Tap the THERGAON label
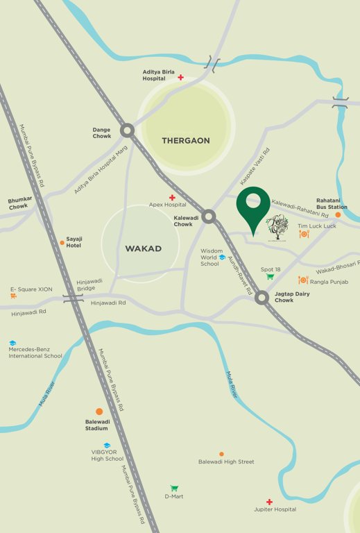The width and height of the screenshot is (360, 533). coord(185,140)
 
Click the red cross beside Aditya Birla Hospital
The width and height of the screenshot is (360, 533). coord(181,77)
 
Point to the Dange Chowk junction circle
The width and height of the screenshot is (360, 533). coord(127,130)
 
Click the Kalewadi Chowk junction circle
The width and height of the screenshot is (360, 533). coord(209,217)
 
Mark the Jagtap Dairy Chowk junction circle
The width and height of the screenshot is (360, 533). coord(262,298)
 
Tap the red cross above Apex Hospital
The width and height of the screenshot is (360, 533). coord(172,198)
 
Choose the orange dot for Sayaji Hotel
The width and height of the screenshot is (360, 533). coord(61,242)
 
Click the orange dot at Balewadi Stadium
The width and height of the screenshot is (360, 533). coord(99,412)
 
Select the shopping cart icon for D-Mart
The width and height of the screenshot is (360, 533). coord(174,488)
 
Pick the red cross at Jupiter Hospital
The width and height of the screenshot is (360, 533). coord(269,502)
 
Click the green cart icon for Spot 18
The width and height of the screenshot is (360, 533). coord(271,277)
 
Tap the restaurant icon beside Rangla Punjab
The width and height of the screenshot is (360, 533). coord(302,280)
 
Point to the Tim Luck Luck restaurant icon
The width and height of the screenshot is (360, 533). coord(303,235)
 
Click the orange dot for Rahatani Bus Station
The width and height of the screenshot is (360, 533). coord(338,215)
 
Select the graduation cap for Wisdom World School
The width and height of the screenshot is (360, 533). coord(222,257)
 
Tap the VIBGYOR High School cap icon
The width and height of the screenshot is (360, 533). coord(107,446)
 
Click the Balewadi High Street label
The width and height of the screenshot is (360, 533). coord(226,462)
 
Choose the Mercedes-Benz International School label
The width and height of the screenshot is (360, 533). coord(35,353)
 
